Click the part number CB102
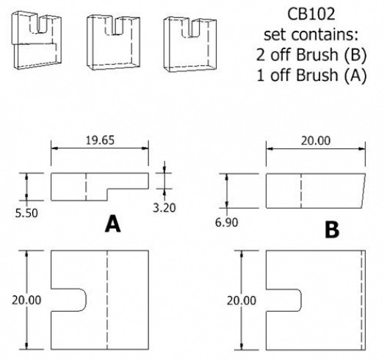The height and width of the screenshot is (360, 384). click(x=311, y=14)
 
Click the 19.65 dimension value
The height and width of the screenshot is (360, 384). click(x=100, y=140)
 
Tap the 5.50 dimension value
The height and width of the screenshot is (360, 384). click(x=26, y=213)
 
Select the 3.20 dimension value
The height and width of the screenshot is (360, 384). click(x=164, y=208)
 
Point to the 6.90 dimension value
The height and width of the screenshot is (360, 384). click(x=227, y=223)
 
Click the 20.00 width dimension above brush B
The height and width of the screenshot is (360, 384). click(x=316, y=140)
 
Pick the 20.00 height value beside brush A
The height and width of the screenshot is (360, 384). click(x=26, y=300)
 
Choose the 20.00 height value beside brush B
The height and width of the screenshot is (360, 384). click(x=242, y=300)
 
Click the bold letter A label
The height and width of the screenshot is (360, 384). click(x=112, y=224)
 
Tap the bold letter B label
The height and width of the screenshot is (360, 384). click(x=332, y=230)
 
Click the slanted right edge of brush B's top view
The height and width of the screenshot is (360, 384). click(x=363, y=191)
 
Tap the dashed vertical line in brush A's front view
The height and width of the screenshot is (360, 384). click(x=107, y=300)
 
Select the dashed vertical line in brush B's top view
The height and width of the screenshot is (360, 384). click(x=301, y=191)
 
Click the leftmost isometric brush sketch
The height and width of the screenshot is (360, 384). click(x=37, y=40)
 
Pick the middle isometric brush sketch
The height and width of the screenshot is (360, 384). click(x=114, y=43)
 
